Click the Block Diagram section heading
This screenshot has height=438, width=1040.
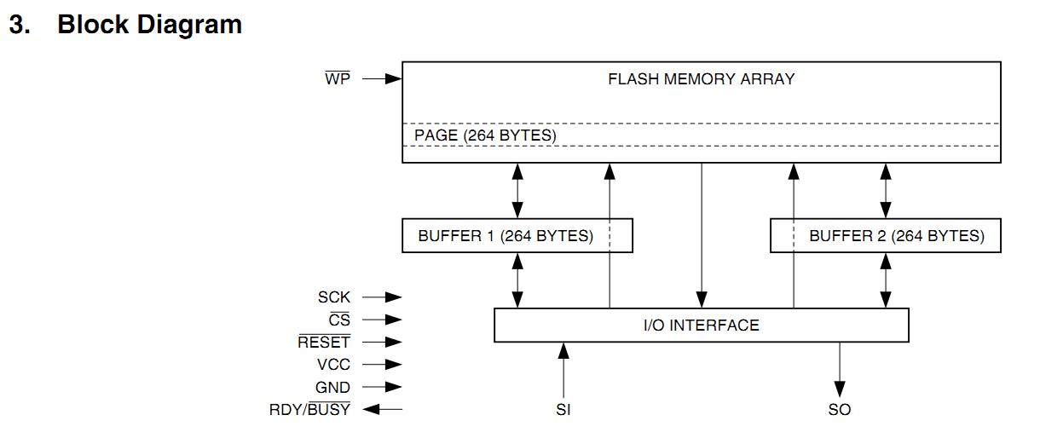click(x=125, y=25)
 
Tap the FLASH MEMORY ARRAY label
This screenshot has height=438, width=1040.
click(x=701, y=79)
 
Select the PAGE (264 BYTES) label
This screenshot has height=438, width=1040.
click(x=485, y=135)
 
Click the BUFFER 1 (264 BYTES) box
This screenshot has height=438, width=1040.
click(x=517, y=236)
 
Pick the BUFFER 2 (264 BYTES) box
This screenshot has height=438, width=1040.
click(x=885, y=236)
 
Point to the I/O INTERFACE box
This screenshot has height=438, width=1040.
click(x=701, y=325)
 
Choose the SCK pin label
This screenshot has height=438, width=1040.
click(x=334, y=297)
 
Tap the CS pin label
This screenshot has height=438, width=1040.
click(x=339, y=320)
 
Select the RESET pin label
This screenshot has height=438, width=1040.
click(x=324, y=343)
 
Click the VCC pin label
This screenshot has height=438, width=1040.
click(x=333, y=365)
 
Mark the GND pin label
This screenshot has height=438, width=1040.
click(x=332, y=387)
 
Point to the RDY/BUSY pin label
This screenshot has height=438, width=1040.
click(x=309, y=410)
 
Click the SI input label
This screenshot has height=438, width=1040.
click(x=563, y=410)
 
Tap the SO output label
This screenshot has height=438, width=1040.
click(x=840, y=410)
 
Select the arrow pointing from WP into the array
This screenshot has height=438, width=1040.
click(x=381, y=79)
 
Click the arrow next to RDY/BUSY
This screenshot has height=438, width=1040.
click(x=382, y=409)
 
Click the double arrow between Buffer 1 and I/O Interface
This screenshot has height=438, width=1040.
click(x=517, y=280)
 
